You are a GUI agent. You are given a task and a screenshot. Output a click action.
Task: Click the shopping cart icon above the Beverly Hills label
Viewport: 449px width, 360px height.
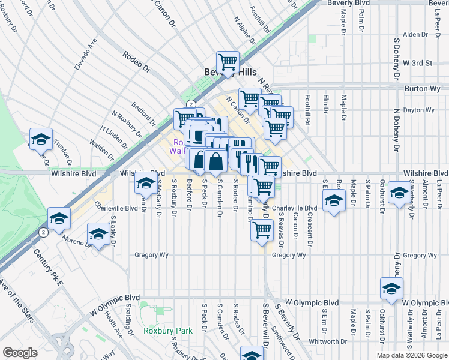228,62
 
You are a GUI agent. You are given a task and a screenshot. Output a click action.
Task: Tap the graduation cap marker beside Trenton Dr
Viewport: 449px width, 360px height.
41,139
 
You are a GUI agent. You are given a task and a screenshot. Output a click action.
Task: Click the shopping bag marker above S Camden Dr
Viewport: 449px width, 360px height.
215,161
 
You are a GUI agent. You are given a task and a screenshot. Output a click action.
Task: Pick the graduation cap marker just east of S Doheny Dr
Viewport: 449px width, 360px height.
398,193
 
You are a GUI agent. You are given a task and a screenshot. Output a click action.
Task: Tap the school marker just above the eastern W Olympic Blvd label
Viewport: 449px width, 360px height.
391,289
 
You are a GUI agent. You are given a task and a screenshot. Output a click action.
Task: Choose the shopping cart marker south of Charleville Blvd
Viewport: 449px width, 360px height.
262,230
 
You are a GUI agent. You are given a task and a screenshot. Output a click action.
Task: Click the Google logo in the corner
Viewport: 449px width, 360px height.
20,352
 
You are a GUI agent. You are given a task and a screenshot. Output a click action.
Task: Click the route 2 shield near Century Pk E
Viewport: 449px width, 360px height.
43,232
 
